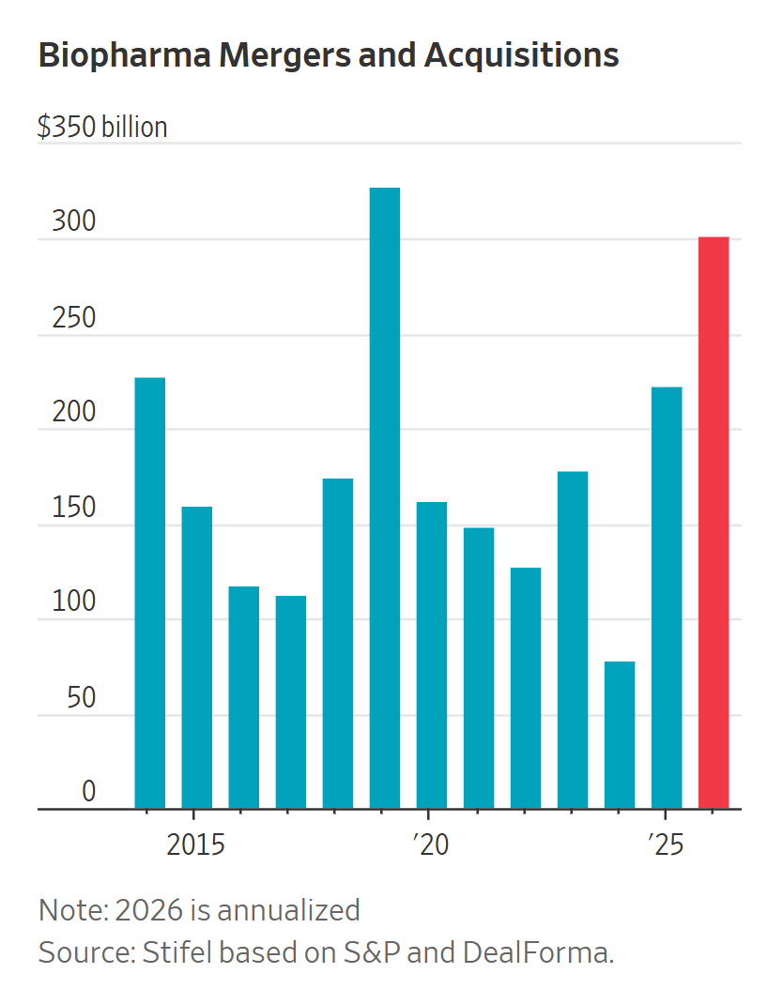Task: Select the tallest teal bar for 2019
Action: pos(385,498)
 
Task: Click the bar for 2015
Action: pos(197,657)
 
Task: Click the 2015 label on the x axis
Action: pos(195,844)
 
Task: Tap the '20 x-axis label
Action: pos(429,844)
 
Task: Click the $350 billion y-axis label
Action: pos(102,128)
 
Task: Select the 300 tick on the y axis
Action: pos(74,222)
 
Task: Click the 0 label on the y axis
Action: pos(88,792)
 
